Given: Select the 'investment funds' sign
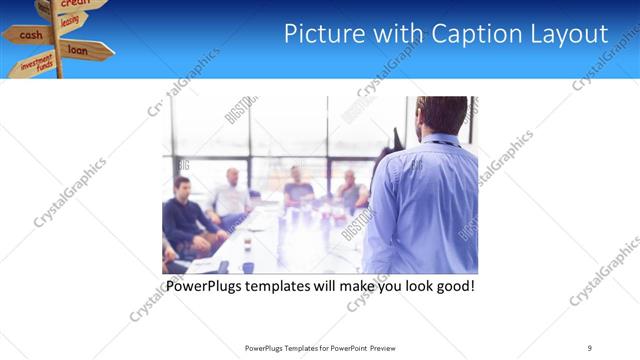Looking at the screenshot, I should (x=33, y=65).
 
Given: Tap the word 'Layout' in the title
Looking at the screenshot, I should (x=571, y=33).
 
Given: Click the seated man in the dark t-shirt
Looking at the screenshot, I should (x=298, y=190).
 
